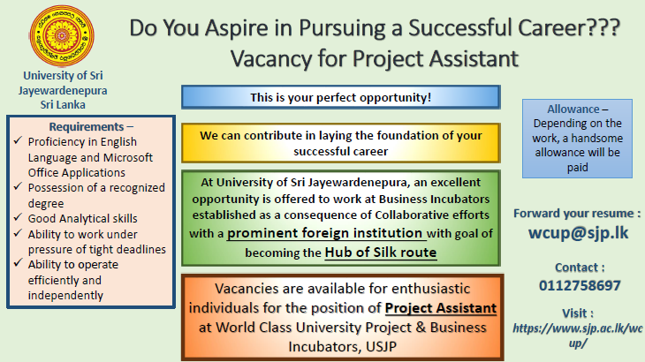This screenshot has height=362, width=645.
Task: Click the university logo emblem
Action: [x=62, y=36]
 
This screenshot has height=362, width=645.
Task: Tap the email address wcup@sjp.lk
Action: [x=578, y=233]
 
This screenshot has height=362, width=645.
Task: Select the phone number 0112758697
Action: [x=580, y=285]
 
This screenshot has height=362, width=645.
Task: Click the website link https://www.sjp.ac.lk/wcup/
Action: [x=578, y=335]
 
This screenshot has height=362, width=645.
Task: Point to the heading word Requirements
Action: [x=87, y=126]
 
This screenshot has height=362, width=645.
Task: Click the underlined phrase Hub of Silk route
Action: [x=381, y=252]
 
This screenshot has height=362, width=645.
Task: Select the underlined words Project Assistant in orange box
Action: [x=441, y=308]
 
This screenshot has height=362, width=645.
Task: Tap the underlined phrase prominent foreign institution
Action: [x=325, y=233]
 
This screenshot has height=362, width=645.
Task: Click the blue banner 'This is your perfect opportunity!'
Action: [x=340, y=97]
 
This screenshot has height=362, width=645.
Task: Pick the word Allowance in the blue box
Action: [x=573, y=109]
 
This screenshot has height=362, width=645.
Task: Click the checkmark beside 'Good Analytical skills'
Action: [x=18, y=217]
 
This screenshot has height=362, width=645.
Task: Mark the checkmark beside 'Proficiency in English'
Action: [x=18, y=140]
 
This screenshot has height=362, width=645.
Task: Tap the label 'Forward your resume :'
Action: [x=577, y=214]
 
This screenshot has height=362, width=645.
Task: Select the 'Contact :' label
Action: [x=580, y=268]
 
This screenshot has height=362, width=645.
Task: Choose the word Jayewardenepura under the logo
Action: [x=63, y=90]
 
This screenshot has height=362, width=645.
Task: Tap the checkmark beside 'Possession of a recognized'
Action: [x=18, y=186]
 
